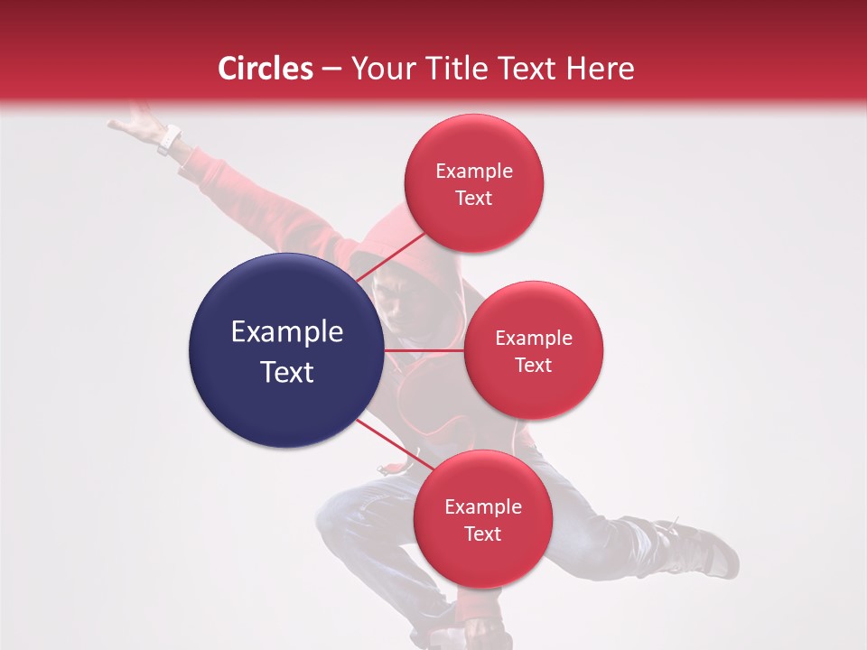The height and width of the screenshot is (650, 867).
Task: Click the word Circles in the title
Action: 266,69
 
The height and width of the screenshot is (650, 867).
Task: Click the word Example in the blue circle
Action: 287,332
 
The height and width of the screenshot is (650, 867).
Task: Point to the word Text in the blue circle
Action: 287,372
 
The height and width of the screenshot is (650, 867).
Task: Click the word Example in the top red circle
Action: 474,172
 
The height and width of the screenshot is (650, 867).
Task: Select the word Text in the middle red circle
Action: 534,365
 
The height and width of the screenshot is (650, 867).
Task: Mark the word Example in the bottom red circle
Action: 482,507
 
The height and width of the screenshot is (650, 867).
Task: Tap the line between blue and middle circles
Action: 424,349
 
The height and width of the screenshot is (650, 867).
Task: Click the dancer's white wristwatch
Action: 169,140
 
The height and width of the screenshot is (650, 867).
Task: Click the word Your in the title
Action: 379,69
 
